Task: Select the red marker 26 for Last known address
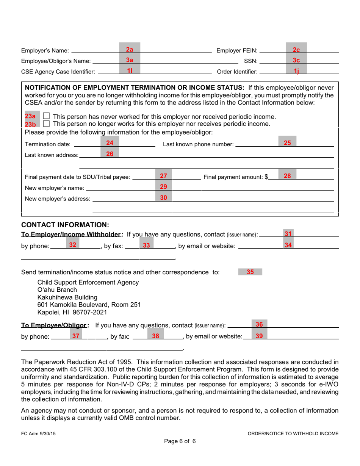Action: [110, 154]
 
